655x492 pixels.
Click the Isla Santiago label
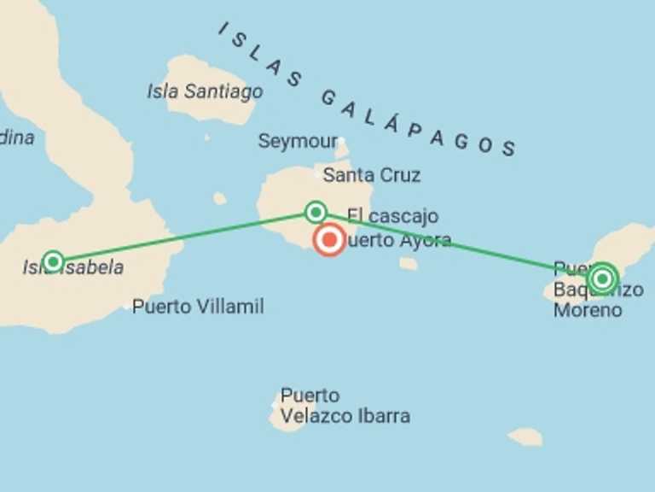click(x=205, y=91)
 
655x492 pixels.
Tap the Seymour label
click(x=298, y=142)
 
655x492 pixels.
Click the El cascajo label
click(x=392, y=216)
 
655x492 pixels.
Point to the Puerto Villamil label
click(x=198, y=307)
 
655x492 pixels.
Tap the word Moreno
click(x=588, y=310)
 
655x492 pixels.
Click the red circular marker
click(x=329, y=240)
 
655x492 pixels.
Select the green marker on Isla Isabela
click(x=53, y=261)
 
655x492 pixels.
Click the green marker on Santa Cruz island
click(x=316, y=211)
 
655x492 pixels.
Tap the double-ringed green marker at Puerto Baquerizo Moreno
click(x=602, y=278)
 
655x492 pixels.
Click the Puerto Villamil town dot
click(x=126, y=306)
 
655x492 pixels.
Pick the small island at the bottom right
click(x=525, y=436)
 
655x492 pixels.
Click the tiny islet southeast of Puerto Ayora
click(x=409, y=264)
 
